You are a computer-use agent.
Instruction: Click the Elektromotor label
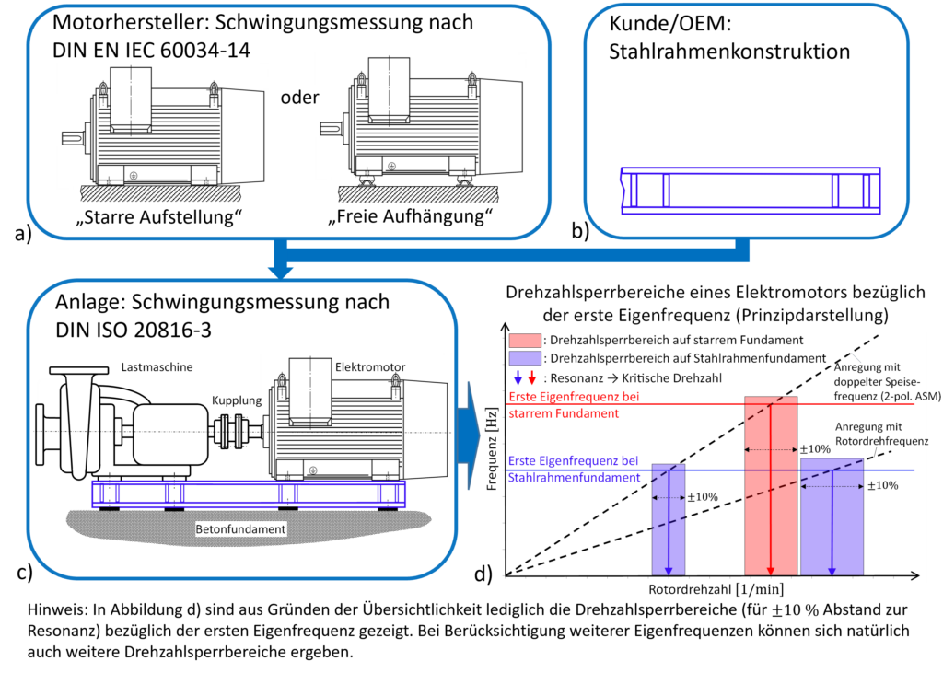(369, 366)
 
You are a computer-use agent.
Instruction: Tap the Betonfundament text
(240, 529)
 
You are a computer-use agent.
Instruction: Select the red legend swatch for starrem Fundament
(525, 341)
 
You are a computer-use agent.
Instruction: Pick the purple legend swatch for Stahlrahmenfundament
(525, 358)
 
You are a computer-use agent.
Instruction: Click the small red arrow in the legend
(531, 377)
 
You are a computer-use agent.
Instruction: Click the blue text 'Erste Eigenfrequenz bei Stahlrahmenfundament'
(573, 469)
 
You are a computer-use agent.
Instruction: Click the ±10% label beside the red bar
(815, 449)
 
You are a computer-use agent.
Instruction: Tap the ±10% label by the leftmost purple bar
(703, 497)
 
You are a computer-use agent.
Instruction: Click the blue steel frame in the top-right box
(751, 191)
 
